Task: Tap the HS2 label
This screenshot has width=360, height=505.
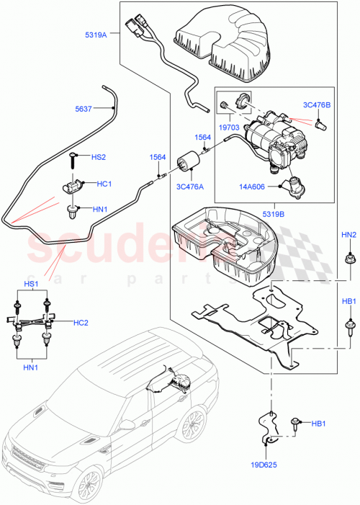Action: point(99,157)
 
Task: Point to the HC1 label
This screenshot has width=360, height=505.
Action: point(104,184)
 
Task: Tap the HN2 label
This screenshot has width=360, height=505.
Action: point(348,235)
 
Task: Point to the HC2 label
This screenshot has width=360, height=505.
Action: point(81,323)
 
